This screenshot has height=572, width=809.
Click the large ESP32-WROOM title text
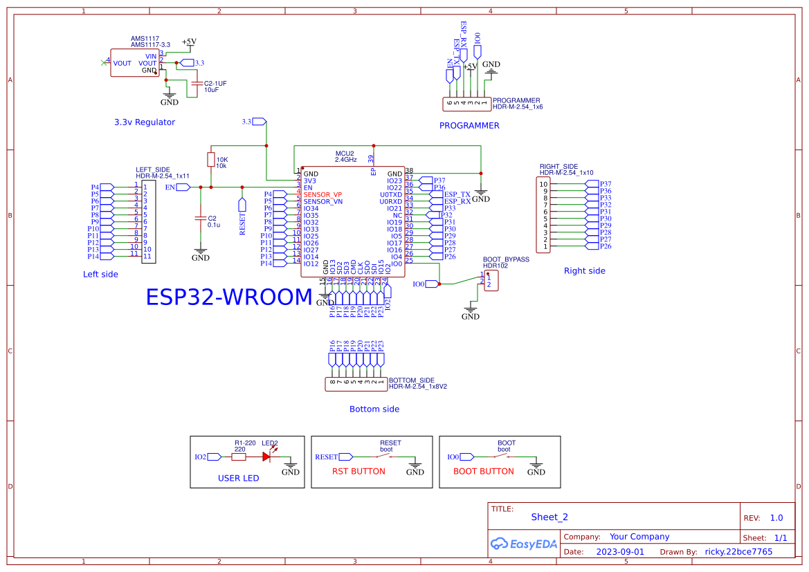[x=229, y=297]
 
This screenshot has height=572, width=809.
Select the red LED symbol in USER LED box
[x=266, y=456]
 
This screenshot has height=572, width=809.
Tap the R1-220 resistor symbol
[x=238, y=456]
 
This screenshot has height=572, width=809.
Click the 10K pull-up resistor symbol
[x=210, y=160]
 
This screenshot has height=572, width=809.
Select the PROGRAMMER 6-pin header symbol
[x=467, y=104]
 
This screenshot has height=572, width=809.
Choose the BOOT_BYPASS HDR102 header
[x=491, y=280]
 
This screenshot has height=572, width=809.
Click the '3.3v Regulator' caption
[x=145, y=122]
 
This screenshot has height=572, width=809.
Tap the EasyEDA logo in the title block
[x=524, y=544]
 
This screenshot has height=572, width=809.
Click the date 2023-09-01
[x=620, y=552]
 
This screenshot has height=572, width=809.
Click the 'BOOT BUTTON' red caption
[x=483, y=472]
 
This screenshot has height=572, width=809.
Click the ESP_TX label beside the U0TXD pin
[x=457, y=194]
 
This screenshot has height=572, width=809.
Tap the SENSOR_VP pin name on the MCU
[x=322, y=194]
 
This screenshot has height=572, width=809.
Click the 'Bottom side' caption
[x=374, y=409]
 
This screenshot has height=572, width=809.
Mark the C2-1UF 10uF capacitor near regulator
[x=197, y=85]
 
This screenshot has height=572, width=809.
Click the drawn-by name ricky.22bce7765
[x=738, y=552]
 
